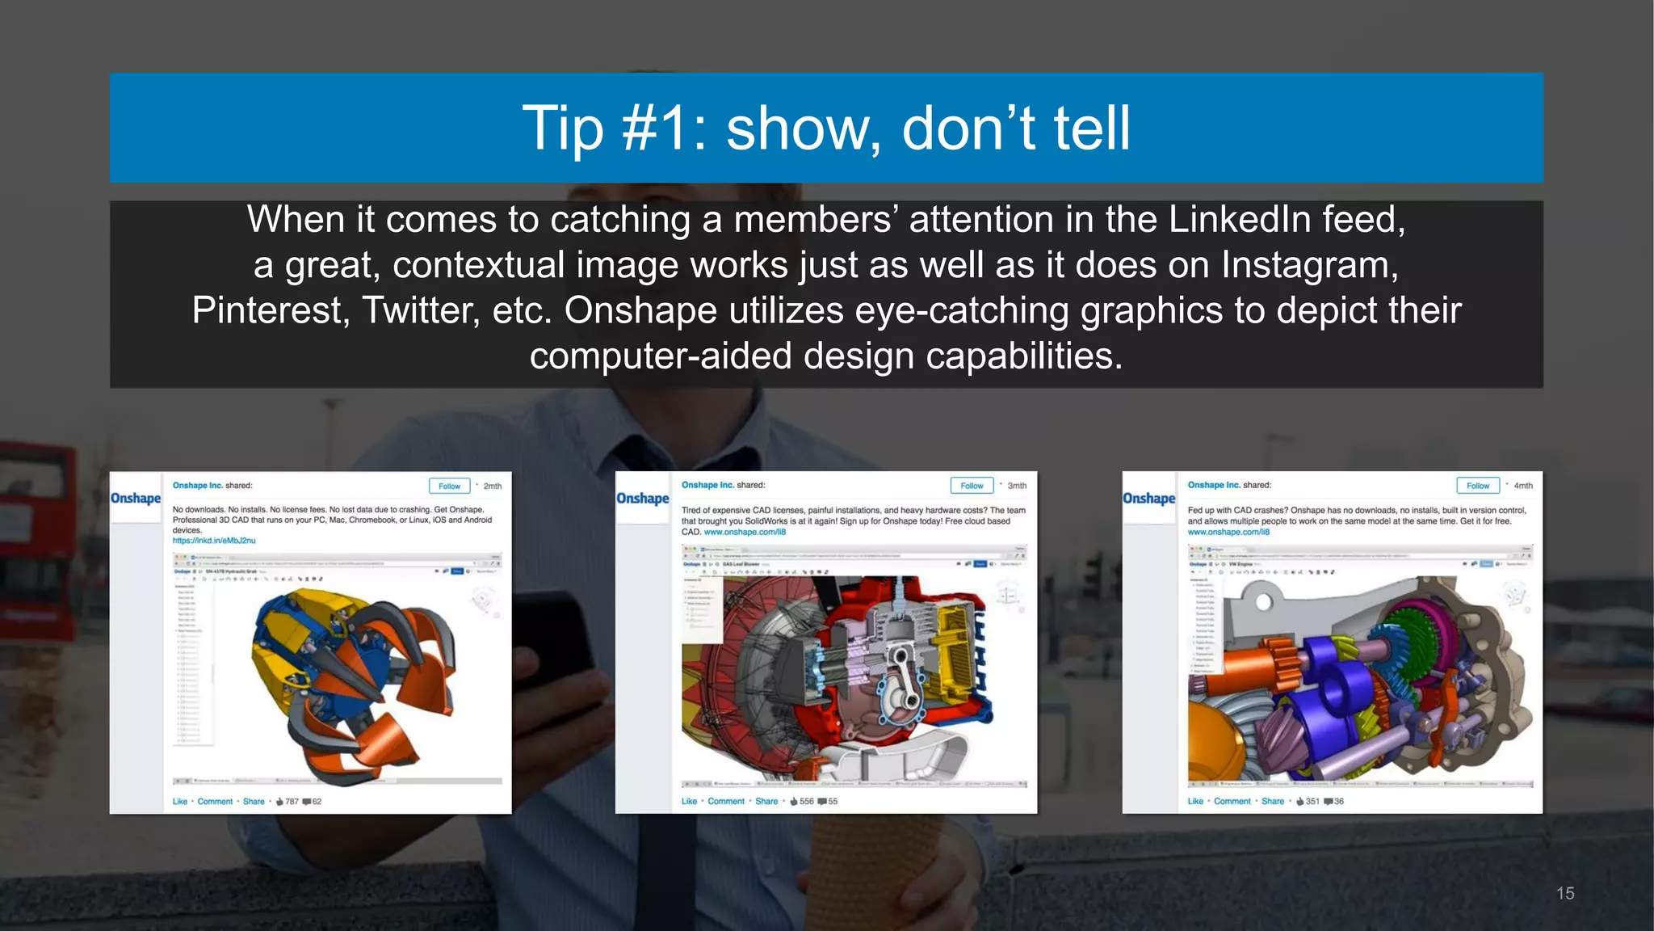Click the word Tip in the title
[562, 128]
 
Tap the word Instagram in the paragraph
[1309, 266]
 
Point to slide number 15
[1564, 893]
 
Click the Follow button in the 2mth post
[449, 486]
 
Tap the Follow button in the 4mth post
[1477, 486]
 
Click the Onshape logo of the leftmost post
[136, 498]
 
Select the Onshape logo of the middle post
[642, 498]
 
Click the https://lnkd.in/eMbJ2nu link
[214, 541]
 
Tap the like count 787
[292, 802]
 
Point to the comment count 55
[833, 802]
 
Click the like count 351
[1312, 802]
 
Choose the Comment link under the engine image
[726, 802]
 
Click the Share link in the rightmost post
[1273, 802]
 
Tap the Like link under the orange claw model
[179, 802]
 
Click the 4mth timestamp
[1522, 486]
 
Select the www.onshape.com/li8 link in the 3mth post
[745, 533]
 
